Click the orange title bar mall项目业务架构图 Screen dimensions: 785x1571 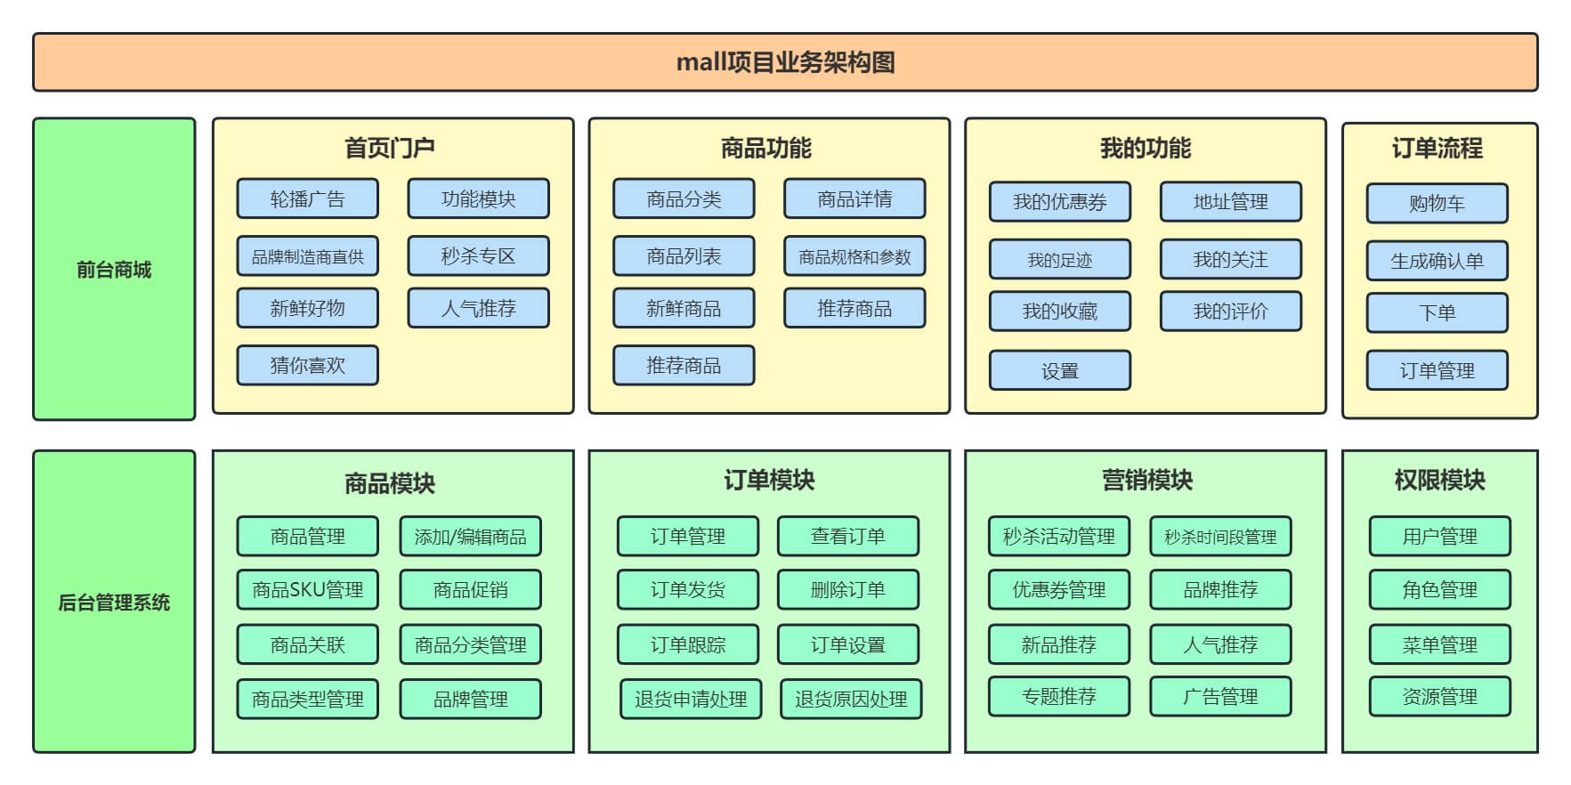(x=785, y=62)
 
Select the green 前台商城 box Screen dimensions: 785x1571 (x=114, y=269)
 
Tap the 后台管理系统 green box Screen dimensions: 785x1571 (x=114, y=602)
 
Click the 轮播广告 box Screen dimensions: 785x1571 (x=307, y=198)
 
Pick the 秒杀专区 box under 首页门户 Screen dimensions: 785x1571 (x=478, y=256)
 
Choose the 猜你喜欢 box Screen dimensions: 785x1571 (x=307, y=365)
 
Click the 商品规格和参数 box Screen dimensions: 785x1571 (x=854, y=256)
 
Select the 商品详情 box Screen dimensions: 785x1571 (x=854, y=198)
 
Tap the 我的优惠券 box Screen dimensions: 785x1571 (x=1059, y=202)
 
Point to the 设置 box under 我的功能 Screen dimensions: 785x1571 (x=1059, y=370)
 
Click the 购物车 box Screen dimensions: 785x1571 (x=1437, y=203)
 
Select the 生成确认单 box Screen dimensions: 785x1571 (x=1437, y=261)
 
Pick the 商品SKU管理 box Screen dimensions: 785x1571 (x=307, y=589)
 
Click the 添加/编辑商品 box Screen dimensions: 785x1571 (x=470, y=537)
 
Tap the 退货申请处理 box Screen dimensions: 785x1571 (x=691, y=699)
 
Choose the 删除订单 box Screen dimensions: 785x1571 (x=847, y=589)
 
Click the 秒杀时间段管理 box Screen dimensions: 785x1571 (x=1219, y=537)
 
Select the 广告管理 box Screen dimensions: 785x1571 (x=1219, y=696)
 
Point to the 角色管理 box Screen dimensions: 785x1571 (x=1439, y=589)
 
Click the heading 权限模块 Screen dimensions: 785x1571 (x=1439, y=481)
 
